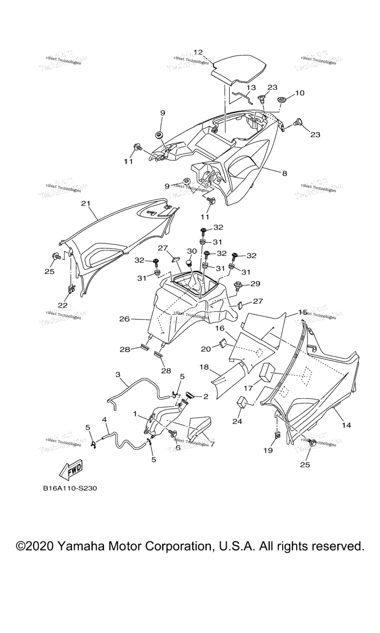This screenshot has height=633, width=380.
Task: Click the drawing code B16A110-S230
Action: [69, 488]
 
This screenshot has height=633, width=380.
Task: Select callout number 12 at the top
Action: [198, 52]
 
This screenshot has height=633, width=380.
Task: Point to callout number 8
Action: [284, 174]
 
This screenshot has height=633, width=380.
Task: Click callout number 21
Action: [86, 203]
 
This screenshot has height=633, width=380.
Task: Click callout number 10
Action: [300, 92]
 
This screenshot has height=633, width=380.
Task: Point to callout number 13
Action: [251, 88]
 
